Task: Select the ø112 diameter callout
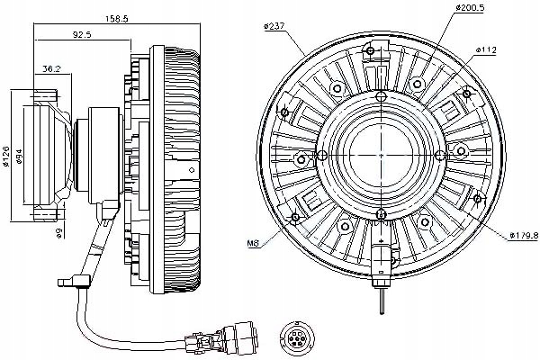pyautogui.click(x=487, y=49)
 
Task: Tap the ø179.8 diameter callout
pyautogui.click(x=517, y=235)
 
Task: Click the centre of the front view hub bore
pyautogui.click(x=382, y=149)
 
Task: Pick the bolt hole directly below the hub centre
pyautogui.click(x=382, y=213)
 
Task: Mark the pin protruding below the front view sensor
pyautogui.click(x=382, y=293)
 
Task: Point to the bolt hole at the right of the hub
pyautogui.click(x=461, y=148)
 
